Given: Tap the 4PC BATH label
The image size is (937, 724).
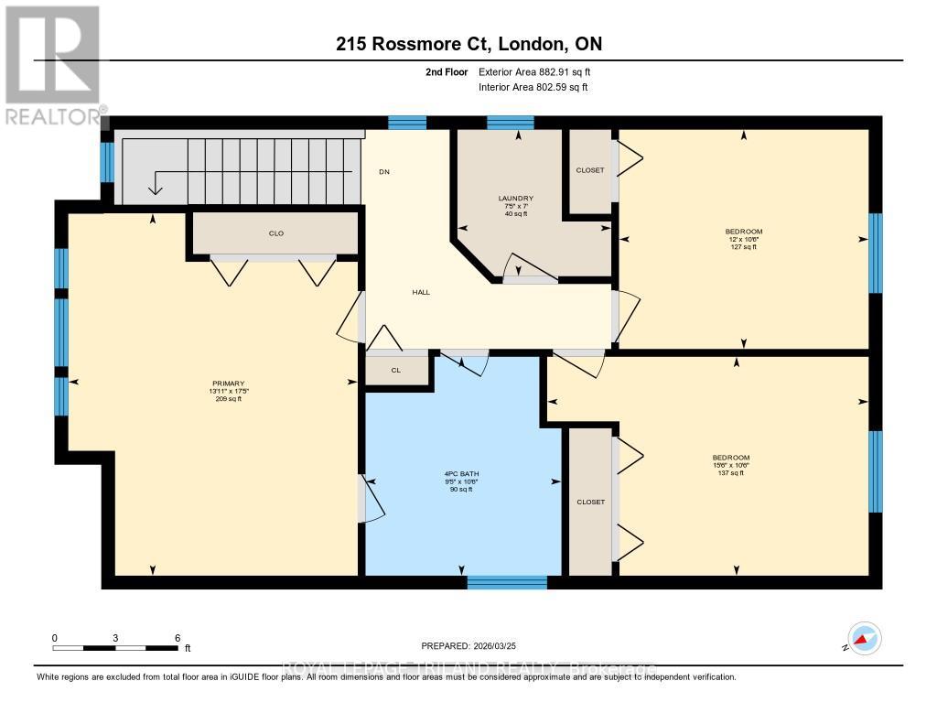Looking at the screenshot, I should [459, 474].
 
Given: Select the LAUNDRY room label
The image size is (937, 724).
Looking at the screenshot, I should [515, 199].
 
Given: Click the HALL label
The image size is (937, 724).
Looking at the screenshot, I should [421, 292].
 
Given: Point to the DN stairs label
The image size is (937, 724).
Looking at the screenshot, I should [385, 171].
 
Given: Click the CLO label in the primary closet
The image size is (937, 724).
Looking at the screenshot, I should [275, 233].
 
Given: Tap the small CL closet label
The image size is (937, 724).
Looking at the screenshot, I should [396, 371].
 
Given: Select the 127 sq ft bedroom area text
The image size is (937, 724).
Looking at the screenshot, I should [743, 247].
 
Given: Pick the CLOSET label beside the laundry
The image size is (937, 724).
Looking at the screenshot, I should [590, 170].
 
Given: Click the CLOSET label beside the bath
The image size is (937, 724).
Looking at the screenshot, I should [590, 502].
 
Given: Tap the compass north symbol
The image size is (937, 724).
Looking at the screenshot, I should [863, 638].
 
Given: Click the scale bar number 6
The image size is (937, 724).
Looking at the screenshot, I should [178, 637].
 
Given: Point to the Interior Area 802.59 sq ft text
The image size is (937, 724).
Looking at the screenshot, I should [533, 88].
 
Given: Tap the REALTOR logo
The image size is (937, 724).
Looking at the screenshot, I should [53, 64].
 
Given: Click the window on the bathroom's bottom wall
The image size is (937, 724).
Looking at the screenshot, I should [506, 581].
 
